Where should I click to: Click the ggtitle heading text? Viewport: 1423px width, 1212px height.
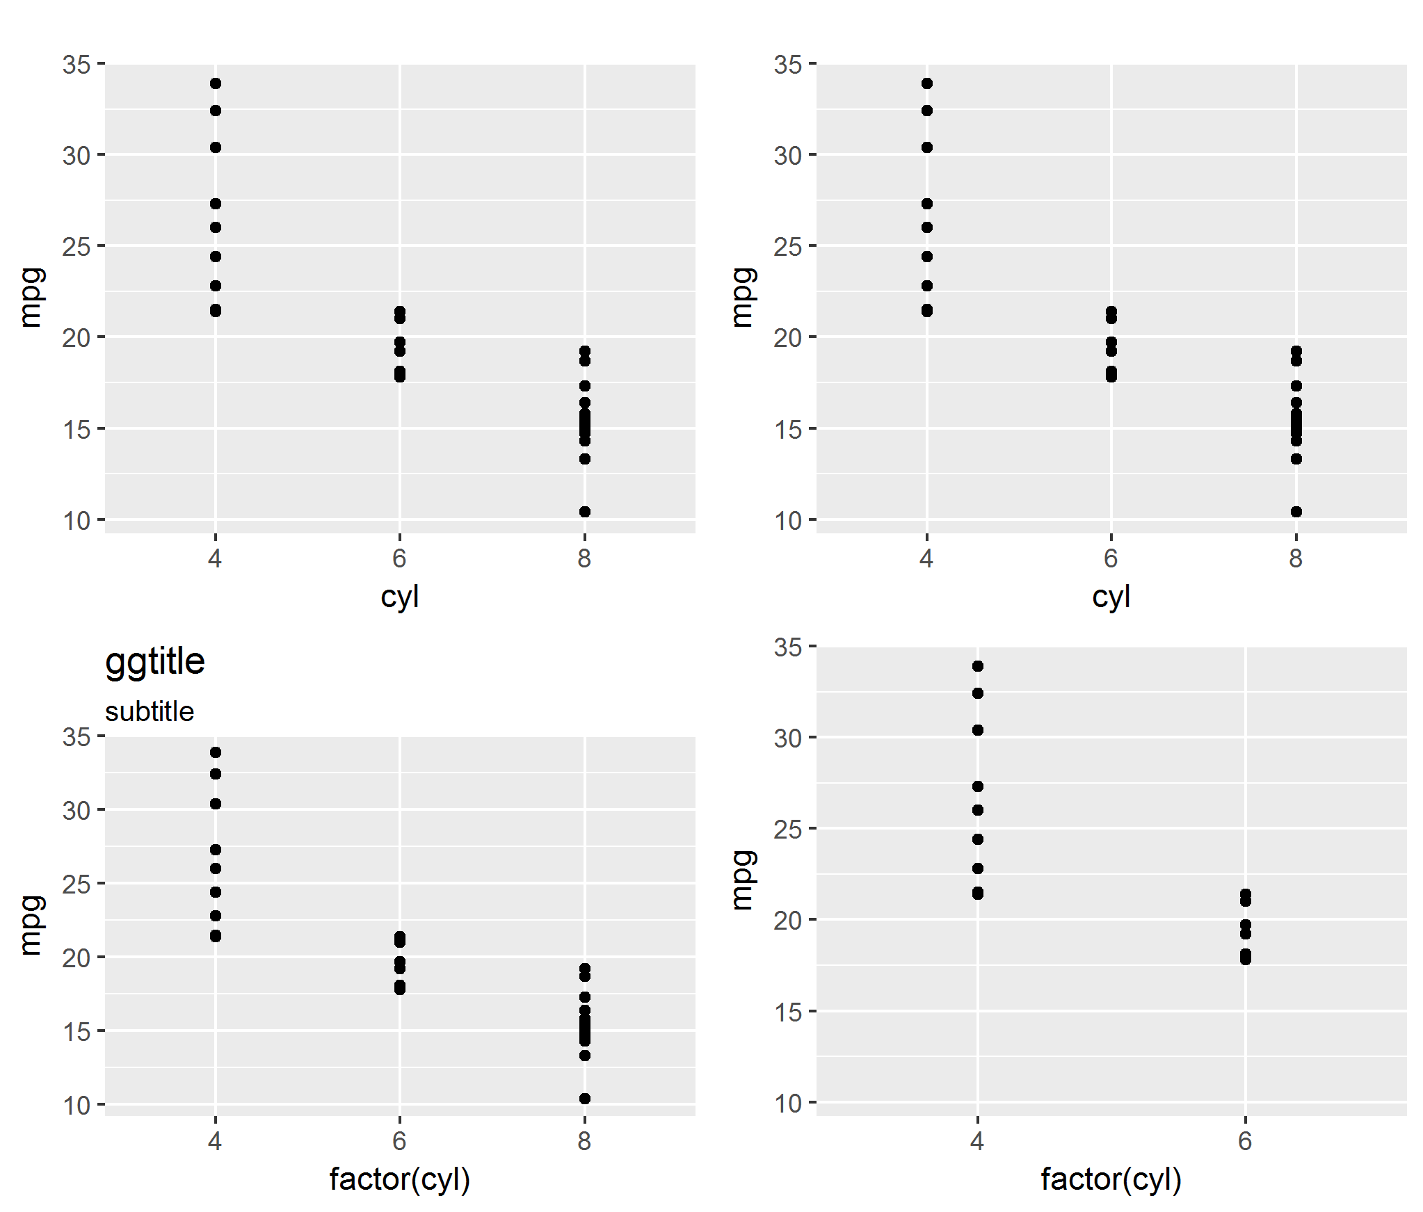pos(154,661)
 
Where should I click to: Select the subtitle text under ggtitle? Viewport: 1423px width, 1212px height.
pos(150,711)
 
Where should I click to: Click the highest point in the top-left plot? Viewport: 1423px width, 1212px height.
pos(216,83)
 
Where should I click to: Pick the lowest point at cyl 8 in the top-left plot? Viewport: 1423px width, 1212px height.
pos(585,512)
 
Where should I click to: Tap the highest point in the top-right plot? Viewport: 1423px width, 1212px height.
pos(927,83)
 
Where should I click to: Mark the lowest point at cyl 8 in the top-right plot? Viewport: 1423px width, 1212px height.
pos(1296,512)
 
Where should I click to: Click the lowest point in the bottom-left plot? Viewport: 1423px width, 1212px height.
pos(585,1099)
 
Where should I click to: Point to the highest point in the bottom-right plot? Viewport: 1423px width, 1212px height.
pos(978,666)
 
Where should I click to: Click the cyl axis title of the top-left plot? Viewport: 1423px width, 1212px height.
pos(400,597)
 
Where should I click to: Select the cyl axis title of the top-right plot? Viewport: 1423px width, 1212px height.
pos(1111,597)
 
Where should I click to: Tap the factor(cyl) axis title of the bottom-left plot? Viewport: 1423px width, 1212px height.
pos(400,1179)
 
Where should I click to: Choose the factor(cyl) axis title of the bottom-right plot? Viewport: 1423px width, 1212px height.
pos(1111,1179)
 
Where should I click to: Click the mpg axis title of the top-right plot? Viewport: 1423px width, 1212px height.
pos(743,297)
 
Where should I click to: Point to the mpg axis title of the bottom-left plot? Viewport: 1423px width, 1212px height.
pos(31,925)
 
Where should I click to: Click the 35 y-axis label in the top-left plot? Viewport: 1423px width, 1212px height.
pos(77,65)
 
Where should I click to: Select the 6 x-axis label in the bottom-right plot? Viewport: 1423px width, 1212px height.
pos(1245,1140)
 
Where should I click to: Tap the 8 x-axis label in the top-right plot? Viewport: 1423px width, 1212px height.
pos(1296,558)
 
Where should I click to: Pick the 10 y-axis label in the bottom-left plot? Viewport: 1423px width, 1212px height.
pos(77,1105)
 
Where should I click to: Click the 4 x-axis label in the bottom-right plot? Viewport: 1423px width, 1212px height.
pos(977,1140)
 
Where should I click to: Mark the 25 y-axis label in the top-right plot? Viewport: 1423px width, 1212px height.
pos(788,247)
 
